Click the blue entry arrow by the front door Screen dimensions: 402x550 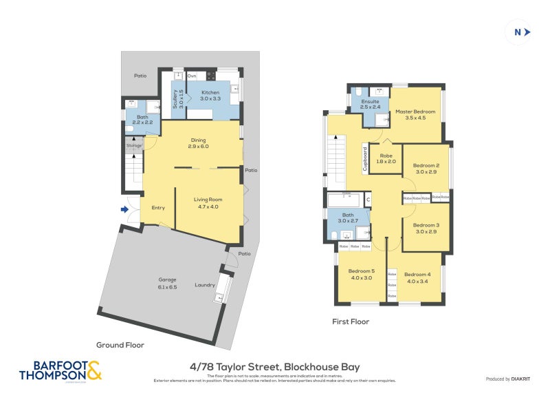click(125, 209)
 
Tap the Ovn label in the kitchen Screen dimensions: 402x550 click(192, 75)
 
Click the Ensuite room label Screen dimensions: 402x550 click(370, 101)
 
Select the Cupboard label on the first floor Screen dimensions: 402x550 click(364, 158)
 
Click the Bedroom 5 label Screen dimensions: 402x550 click(361, 271)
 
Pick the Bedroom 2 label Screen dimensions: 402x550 click(426, 165)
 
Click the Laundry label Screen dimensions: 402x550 click(205, 284)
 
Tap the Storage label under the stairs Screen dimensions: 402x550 click(133, 145)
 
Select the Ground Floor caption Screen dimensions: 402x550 click(120, 345)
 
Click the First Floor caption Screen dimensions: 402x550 click(350, 321)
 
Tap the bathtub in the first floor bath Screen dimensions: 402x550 click(344, 200)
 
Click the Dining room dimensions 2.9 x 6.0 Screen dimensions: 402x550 click(199, 147)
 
